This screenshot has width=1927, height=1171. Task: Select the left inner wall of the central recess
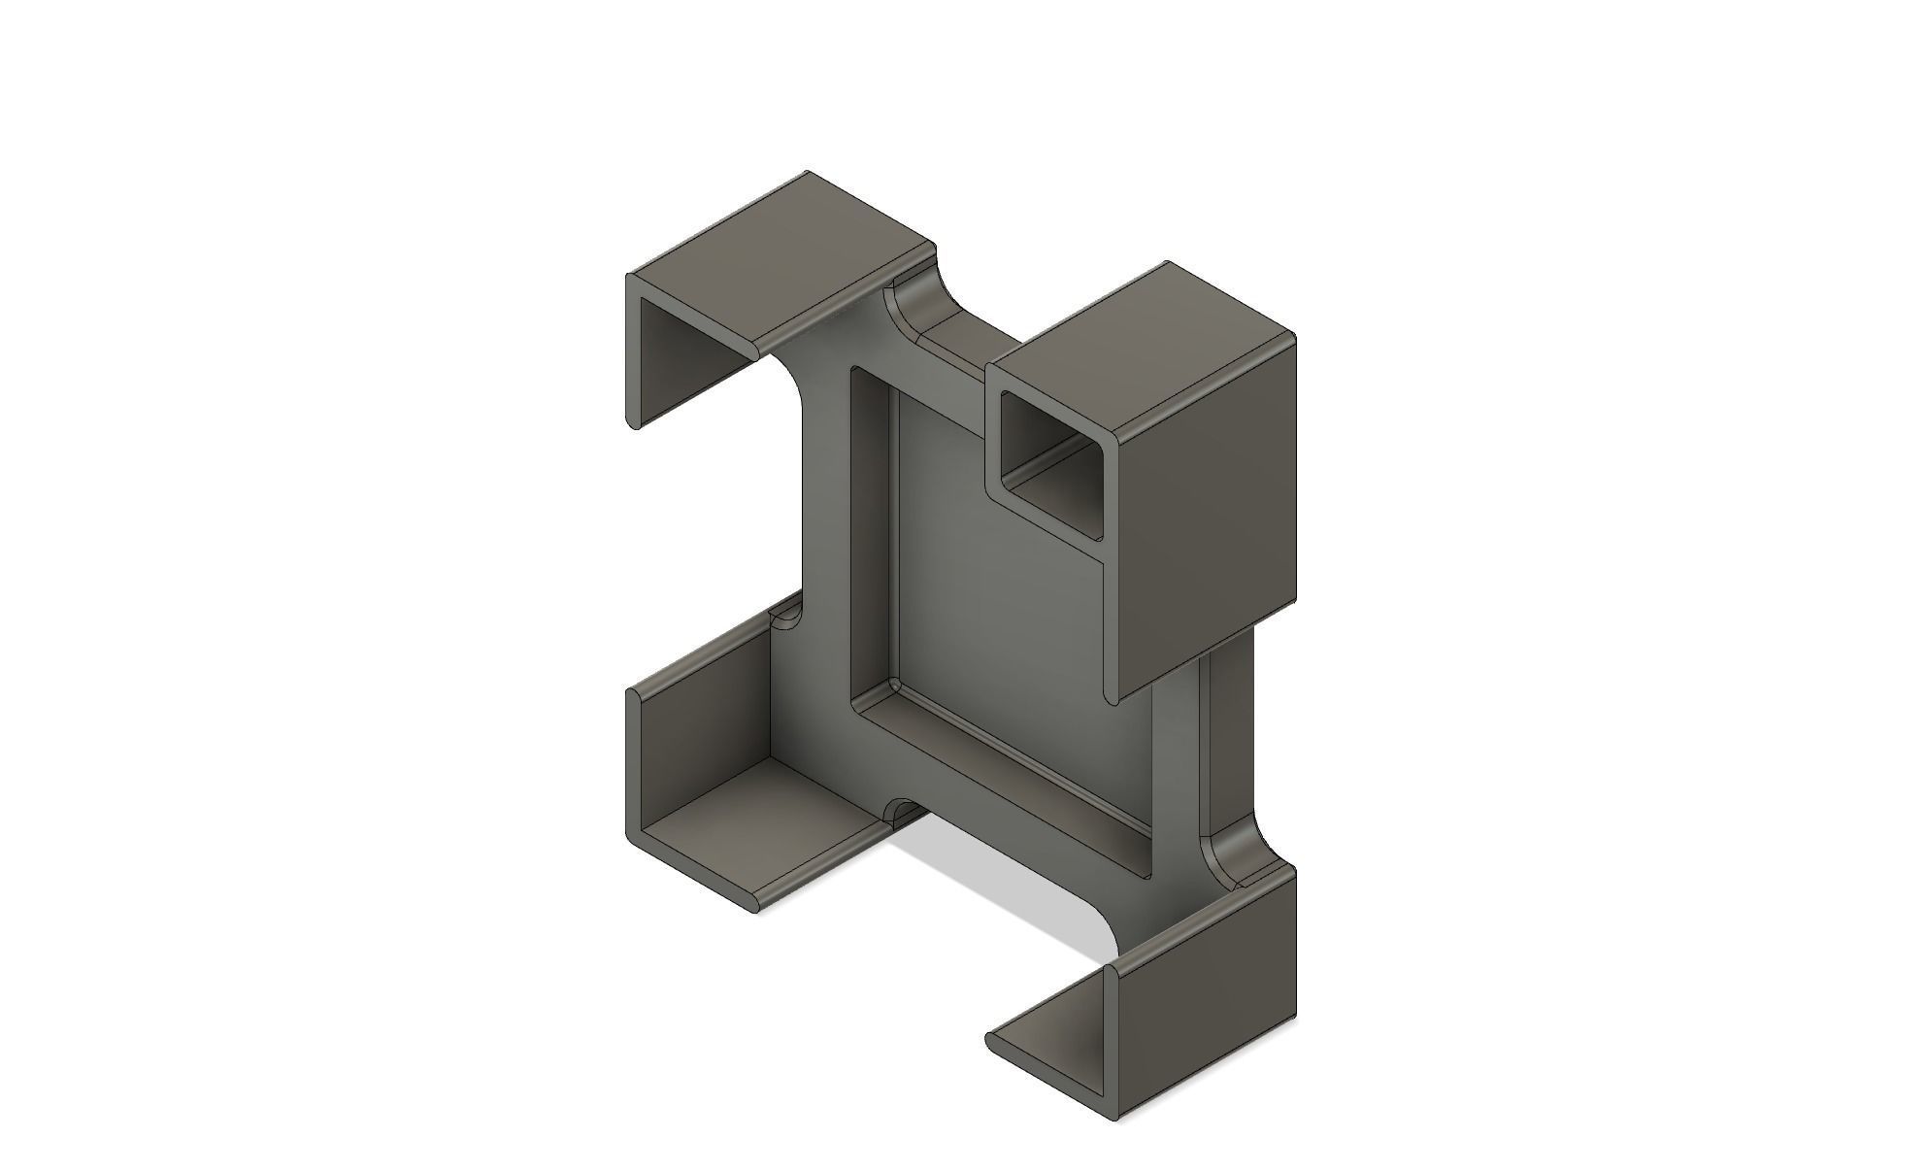tap(871, 534)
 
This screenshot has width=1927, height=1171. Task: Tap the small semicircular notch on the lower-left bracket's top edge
tap(784, 618)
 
